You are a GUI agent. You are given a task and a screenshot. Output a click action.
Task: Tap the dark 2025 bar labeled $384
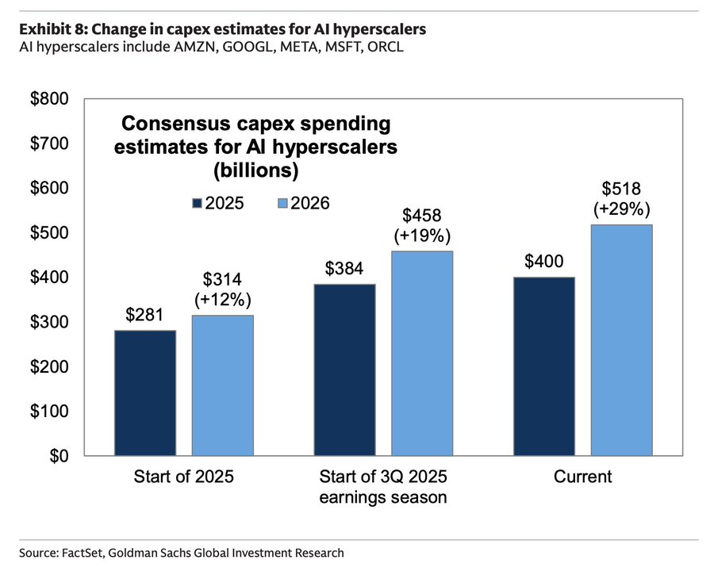click(x=344, y=370)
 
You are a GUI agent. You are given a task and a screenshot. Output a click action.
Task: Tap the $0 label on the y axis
click(x=59, y=457)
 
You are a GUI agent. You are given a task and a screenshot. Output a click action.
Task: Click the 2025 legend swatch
click(x=198, y=203)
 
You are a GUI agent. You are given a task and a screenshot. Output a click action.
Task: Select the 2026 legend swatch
click(x=282, y=203)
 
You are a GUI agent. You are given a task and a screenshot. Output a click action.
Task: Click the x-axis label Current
click(x=582, y=477)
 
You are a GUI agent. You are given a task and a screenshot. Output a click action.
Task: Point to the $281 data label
click(x=144, y=315)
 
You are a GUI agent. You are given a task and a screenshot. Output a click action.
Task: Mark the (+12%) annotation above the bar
click(x=222, y=301)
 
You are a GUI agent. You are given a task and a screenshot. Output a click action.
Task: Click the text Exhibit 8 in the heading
click(x=49, y=29)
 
